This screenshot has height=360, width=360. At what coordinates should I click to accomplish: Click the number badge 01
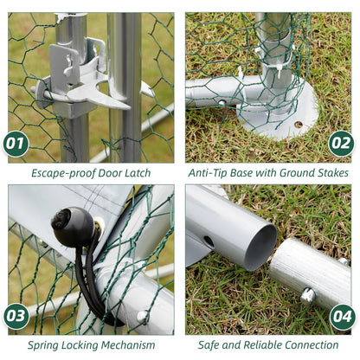point(16,144)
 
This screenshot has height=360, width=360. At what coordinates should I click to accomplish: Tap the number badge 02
point(341,144)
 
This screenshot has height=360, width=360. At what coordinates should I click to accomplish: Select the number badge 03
point(16,316)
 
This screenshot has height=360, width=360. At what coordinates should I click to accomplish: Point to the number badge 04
point(343,317)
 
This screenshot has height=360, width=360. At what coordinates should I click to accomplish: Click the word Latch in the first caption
point(138,173)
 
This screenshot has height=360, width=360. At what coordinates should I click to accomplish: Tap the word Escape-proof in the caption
point(63,174)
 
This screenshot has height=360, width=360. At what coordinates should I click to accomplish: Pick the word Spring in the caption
point(42,345)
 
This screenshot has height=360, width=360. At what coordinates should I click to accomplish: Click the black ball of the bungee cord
point(74,227)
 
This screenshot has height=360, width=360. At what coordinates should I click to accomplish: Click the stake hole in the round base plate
point(299,125)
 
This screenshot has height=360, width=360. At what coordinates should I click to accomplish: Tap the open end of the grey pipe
point(260,247)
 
